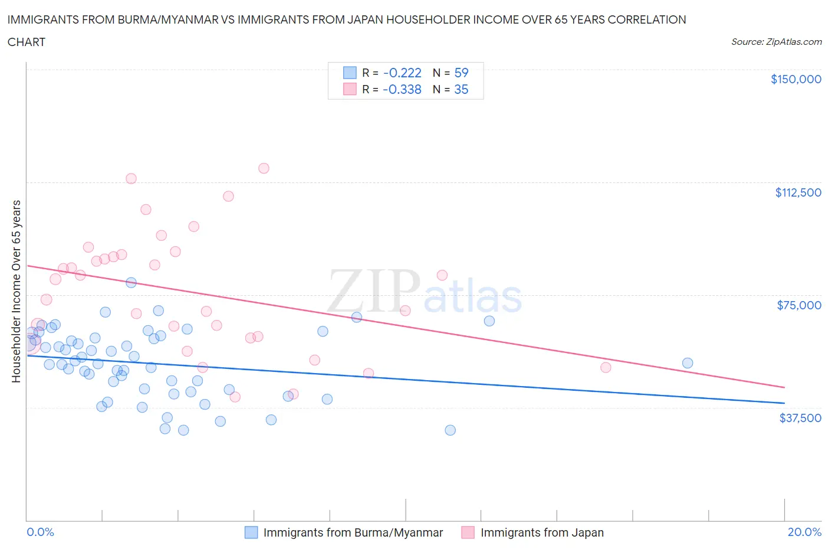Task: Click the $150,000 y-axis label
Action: click(x=795, y=79)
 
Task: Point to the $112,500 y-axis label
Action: click(x=798, y=192)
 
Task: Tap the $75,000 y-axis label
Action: click(x=799, y=305)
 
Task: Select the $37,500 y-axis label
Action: click(x=800, y=418)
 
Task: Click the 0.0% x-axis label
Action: click(x=40, y=532)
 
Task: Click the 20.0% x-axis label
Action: click(x=804, y=532)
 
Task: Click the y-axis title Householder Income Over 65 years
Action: click(x=17, y=291)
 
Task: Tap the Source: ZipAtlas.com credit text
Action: click(x=776, y=42)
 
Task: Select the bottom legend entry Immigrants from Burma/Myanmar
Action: click(x=353, y=532)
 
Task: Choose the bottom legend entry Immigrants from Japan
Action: click(x=542, y=532)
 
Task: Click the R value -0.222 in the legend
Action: click(x=402, y=73)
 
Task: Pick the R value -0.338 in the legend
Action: click(x=402, y=90)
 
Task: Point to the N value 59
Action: click(x=461, y=73)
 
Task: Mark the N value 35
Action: click(x=461, y=90)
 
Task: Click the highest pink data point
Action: click(x=264, y=168)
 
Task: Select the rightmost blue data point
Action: click(x=687, y=363)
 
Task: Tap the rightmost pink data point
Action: click(x=606, y=367)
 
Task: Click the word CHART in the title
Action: click(x=27, y=42)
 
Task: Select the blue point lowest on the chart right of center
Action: click(x=450, y=430)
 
